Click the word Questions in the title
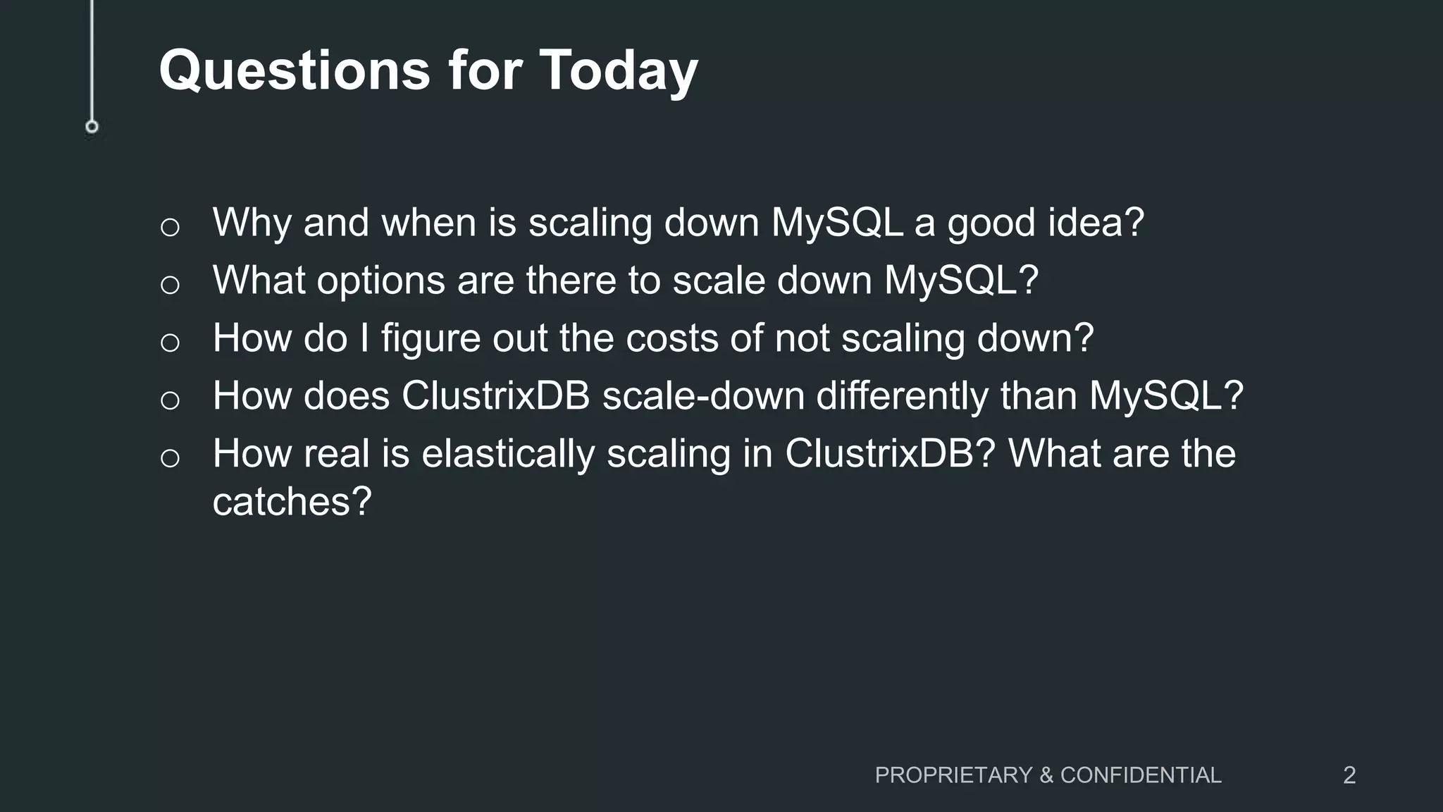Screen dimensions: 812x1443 (x=295, y=70)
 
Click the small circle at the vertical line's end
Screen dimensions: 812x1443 (x=92, y=127)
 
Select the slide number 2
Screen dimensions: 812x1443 (x=1349, y=775)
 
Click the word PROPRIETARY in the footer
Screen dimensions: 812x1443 (x=954, y=775)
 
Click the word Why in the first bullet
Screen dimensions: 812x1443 (x=252, y=223)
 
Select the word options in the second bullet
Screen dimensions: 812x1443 (x=380, y=281)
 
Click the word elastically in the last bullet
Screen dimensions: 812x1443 (x=507, y=454)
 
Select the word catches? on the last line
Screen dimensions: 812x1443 (x=292, y=502)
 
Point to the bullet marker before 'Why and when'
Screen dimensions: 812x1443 (x=170, y=228)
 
